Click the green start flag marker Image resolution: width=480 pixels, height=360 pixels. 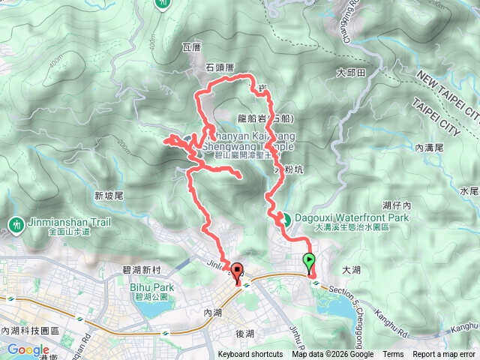coord(310,262)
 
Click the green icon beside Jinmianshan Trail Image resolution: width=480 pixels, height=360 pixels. coord(16,224)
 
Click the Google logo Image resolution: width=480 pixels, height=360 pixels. coord(28,349)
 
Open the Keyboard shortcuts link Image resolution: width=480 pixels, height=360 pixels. coord(250,355)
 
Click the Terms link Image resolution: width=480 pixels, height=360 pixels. coord(393,355)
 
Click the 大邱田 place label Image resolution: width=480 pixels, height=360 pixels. coord(351,73)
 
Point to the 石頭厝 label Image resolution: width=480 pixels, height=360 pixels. coord(220,67)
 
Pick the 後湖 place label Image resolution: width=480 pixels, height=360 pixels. coord(246,331)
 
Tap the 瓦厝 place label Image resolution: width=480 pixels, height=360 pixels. coord(192,46)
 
